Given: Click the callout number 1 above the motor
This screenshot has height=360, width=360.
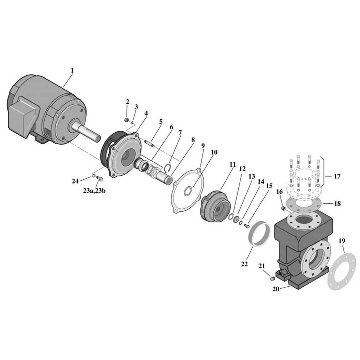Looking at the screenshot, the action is click(72, 70).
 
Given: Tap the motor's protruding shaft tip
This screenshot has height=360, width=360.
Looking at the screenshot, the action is click(98, 138).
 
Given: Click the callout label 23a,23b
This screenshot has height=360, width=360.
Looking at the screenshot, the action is click(94, 191).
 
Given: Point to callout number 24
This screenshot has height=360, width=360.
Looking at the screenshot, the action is click(75, 181).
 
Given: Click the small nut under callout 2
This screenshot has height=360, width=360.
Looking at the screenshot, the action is click(126, 120).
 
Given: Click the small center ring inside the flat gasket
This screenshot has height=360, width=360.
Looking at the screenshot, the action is click(188, 191).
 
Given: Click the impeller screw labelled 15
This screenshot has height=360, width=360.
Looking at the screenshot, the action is click(246, 226).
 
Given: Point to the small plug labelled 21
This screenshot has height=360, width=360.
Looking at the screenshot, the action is click(272, 279).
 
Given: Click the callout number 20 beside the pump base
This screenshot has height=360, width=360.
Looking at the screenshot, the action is click(276, 289).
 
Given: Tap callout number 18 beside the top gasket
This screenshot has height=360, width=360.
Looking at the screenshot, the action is click(337, 204).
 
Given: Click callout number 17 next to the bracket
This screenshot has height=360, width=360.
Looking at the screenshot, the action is click(337, 176).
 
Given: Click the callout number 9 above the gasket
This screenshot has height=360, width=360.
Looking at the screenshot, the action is click(203, 146).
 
